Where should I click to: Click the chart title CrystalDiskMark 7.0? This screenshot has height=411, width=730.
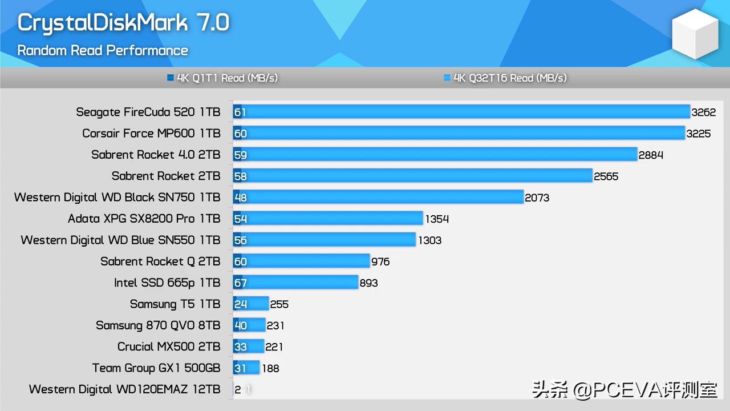click(123, 23)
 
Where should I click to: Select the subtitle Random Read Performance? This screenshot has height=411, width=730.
click(103, 50)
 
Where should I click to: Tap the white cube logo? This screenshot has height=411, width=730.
click(694, 34)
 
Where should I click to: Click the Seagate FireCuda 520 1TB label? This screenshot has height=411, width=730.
click(148, 112)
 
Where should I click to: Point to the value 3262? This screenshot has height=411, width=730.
click(703, 112)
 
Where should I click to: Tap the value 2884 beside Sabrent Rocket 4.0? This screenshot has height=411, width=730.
click(651, 155)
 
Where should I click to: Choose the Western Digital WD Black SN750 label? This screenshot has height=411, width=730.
click(117, 197)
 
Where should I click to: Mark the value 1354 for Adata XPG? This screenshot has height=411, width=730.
click(437, 219)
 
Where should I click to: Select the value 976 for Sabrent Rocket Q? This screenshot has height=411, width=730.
click(380, 261)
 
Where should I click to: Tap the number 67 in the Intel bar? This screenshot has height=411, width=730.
click(240, 283)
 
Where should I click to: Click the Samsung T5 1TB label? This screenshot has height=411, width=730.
click(175, 304)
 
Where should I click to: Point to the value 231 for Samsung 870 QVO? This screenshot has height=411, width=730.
click(275, 325)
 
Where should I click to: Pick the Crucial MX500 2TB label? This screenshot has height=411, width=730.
click(168, 346)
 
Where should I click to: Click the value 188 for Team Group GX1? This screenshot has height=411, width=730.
click(270, 368)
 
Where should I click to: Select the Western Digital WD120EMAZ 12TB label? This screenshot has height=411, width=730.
click(124, 389)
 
